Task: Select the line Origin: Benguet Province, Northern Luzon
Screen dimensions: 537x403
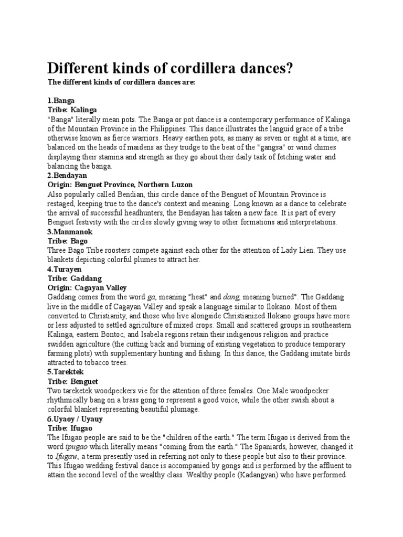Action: pos(120,185)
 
